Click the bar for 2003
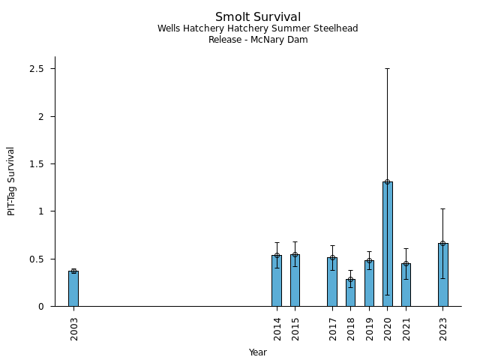click(x=73, y=289)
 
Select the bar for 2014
click(x=277, y=281)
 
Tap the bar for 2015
click(x=295, y=280)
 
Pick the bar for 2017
click(x=332, y=282)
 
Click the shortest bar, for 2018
click(x=350, y=293)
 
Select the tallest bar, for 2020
click(x=388, y=244)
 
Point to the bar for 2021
click(x=406, y=285)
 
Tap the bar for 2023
click(x=443, y=275)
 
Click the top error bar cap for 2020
click(x=388, y=68)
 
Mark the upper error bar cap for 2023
click(x=443, y=208)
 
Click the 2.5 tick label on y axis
click(x=37, y=69)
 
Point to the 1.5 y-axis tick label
click(x=37, y=164)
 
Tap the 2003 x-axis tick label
click(x=74, y=328)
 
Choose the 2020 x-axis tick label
click(x=388, y=328)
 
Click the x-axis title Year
click(x=258, y=352)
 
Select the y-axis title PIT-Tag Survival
click(x=11, y=181)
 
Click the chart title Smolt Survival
click(x=258, y=17)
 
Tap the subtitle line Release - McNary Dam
click(x=258, y=40)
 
